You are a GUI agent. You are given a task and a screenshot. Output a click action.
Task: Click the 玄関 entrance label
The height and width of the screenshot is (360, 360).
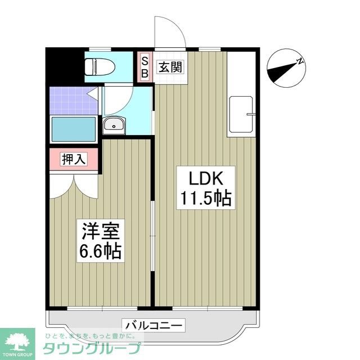pos(169,67)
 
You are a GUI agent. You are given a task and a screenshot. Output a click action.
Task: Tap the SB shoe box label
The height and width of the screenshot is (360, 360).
pos(145,67)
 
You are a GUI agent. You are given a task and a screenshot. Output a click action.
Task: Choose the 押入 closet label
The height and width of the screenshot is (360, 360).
pos(73,159)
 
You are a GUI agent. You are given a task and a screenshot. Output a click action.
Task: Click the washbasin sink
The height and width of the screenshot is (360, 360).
pos(115,125)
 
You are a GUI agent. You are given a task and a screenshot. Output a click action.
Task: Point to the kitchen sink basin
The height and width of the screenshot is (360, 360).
pos(241,114)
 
